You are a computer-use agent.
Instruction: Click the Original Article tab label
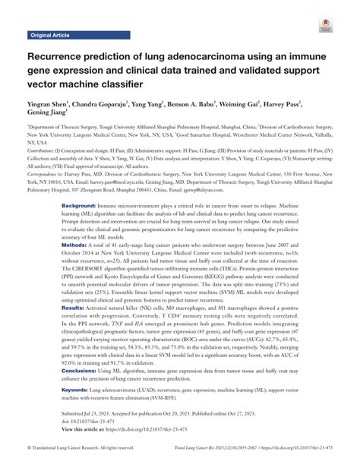click(49, 36)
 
